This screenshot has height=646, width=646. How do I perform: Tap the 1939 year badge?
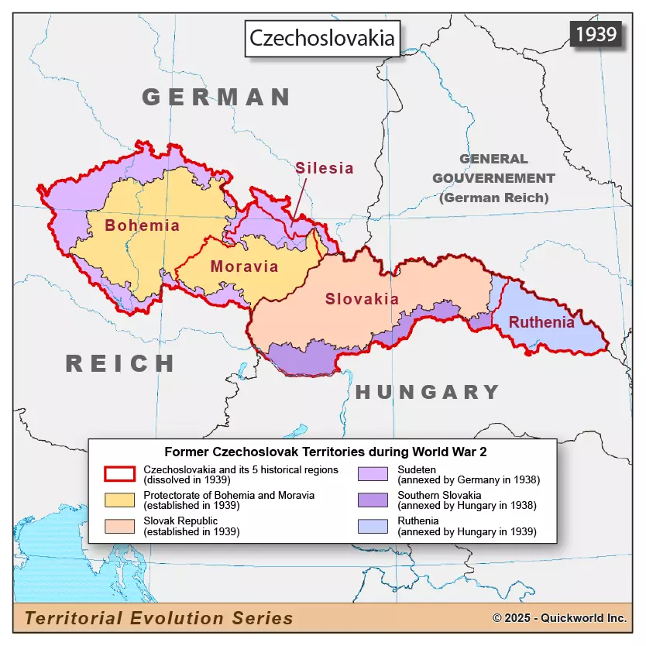point(596,33)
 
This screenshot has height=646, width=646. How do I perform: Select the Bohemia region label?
point(142,225)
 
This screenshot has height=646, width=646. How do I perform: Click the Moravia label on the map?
point(243,266)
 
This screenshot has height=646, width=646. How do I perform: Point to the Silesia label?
point(324,168)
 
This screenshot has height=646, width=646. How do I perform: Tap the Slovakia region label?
point(362,299)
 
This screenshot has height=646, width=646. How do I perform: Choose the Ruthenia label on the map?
point(542,322)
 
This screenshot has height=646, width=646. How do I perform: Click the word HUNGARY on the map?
point(428,392)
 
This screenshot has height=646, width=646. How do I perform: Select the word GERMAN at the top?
point(216,97)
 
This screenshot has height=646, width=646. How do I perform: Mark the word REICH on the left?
point(120,363)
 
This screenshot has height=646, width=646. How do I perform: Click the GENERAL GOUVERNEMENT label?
point(493,178)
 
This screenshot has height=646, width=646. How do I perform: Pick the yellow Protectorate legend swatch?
point(120,500)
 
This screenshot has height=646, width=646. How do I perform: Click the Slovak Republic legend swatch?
point(120,526)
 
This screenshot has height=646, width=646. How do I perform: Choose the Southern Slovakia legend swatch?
point(374,500)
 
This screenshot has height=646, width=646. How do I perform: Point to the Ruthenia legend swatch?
point(374,526)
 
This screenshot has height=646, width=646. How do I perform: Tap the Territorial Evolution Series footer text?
point(159,617)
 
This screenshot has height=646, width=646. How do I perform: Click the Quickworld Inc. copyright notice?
point(559,618)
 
